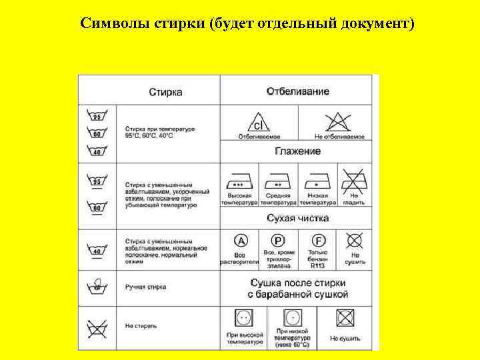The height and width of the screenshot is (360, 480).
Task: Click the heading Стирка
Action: pyautogui.click(x=165, y=91)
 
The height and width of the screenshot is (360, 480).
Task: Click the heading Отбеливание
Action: pyautogui.click(x=297, y=91)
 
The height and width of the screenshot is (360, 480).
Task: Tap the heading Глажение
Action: pyautogui.click(x=297, y=151)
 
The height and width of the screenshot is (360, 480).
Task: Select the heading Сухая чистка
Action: pyautogui.click(x=297, y=218)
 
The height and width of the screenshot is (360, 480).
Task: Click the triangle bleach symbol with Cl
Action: pyautogui.click(x=258, y=122)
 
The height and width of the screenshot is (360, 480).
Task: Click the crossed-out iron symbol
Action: pyautogui.click(x=354, y=180)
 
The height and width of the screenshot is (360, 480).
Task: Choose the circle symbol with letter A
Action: pyautogui.click(x=241, y=241)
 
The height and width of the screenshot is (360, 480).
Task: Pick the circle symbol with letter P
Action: pyautogui.click(x=278, y=241)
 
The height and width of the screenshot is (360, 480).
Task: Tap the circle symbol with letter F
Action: pyautogui.click(x=317, y=241)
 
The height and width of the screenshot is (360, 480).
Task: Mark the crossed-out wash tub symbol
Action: pyautogui.click(x=97, y=328)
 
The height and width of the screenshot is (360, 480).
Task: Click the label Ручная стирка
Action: pyautogui.click(x=145, y=287)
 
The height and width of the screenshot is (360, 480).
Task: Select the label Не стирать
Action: pyautogui.click(x=141, y=326)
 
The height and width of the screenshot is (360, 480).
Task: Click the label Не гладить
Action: pyautogui.click(x=354, y=199)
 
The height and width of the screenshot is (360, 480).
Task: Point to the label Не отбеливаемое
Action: pyautogui.click(x=339, y=137)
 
